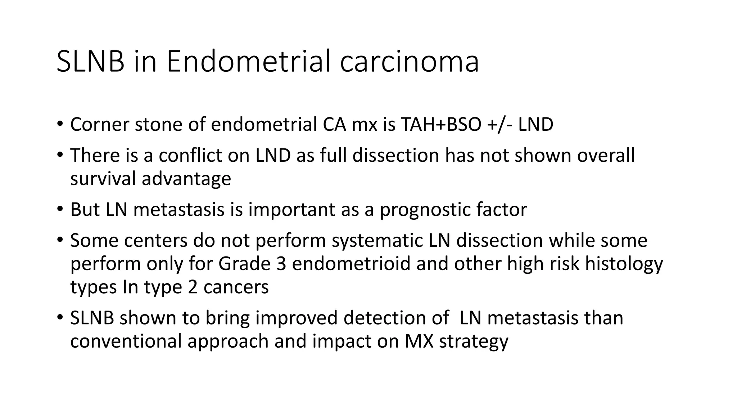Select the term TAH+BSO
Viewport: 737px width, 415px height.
[x=440, y=125]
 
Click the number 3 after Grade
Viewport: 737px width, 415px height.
[x=281, y=264]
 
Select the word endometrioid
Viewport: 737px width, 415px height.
[x=351, y=264]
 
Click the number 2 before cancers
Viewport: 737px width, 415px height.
[x=192, y=287]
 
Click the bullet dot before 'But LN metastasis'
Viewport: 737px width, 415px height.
[x=60, y=210]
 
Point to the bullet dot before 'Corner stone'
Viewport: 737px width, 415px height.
[x=60, y=125]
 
